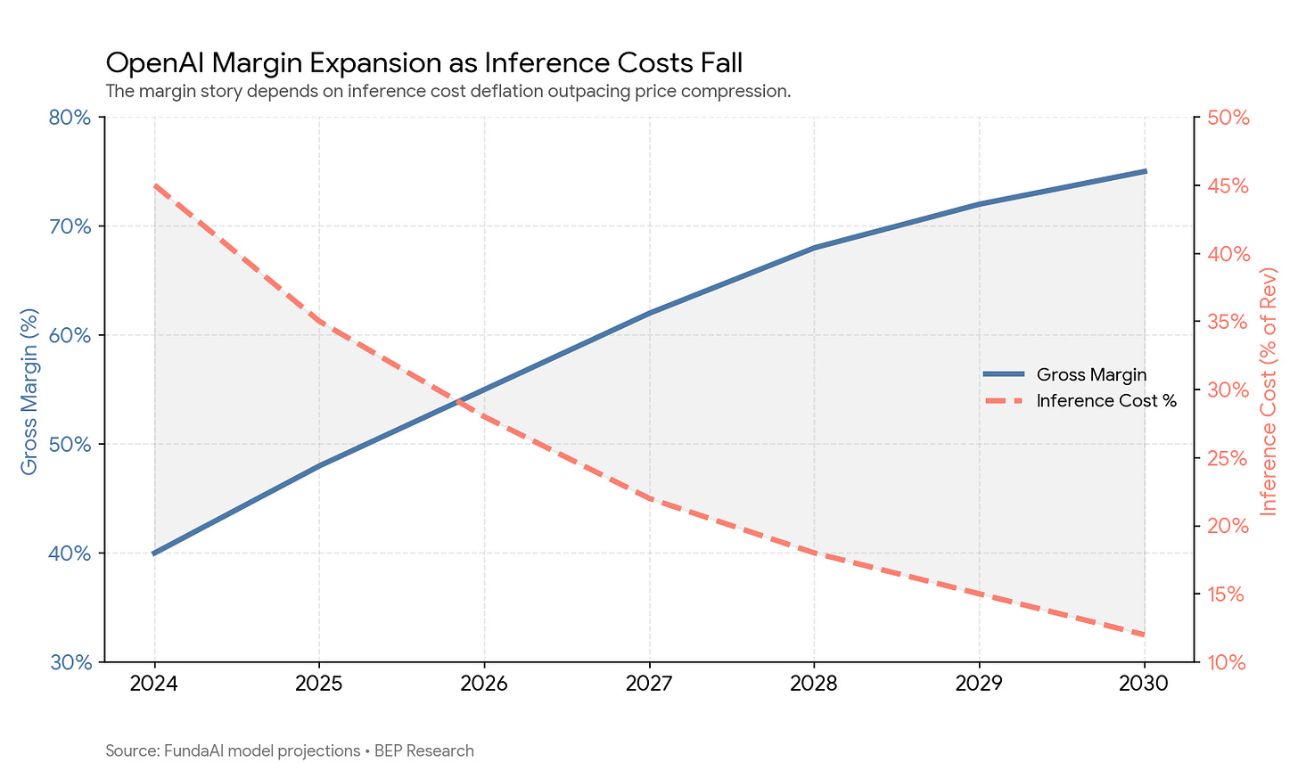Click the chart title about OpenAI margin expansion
[423, 62]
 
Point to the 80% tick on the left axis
[70, 118]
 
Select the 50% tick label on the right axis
[1228, 118]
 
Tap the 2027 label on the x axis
[649, 684]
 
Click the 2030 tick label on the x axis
[1144, 684]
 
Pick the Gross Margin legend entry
[1065, 374]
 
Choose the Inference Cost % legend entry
[1080, 401]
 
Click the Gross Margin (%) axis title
[29, 391]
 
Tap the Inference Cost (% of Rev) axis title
[1269, 391]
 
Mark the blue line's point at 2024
[154, 553]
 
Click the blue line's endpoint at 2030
[1145, 171]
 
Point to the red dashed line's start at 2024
[154, 186]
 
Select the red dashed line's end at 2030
[1145, 635]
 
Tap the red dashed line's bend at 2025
[319, 322]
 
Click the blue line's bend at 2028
[814, 248]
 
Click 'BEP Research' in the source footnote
[424, 750]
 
